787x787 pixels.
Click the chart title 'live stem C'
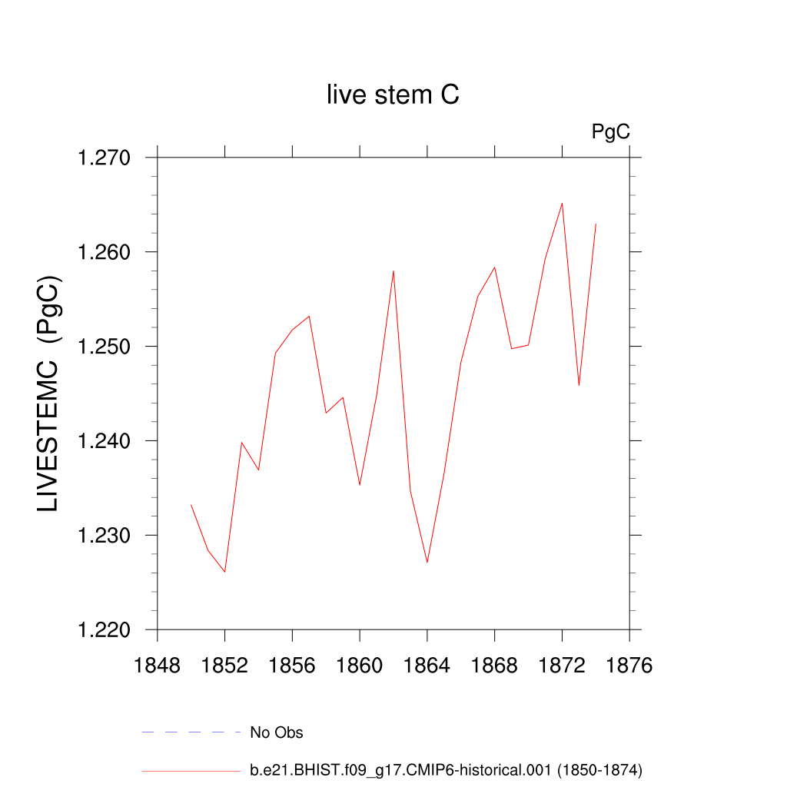pyautogui.click(x=393, y=95)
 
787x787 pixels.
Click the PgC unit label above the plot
pyautogui.click(x=610, y=132)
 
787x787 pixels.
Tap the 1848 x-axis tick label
pyautogui.click(x=157, y=666)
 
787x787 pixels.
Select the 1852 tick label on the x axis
pyautogui.click(x=224, y=666)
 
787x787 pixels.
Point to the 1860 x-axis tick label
pyautogui.click(x=360, y=666)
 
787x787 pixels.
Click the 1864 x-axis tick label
pyautogui.click(x=427, y=666)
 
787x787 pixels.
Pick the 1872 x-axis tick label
pyautogui.click(x=562, y=666)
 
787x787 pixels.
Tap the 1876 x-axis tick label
pyautogui.click(x=629, y=666)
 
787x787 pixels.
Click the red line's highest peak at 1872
pyautogui.click(x=562, y=204)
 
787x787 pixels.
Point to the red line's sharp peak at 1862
pyautogui.click(x=393, y=271)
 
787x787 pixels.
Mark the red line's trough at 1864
pyautogui.click(x=427, y=563)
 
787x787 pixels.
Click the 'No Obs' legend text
pyautogui.click(x=277, y=732)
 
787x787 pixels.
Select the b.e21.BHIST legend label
pyautogui.click(x=446, y=769)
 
